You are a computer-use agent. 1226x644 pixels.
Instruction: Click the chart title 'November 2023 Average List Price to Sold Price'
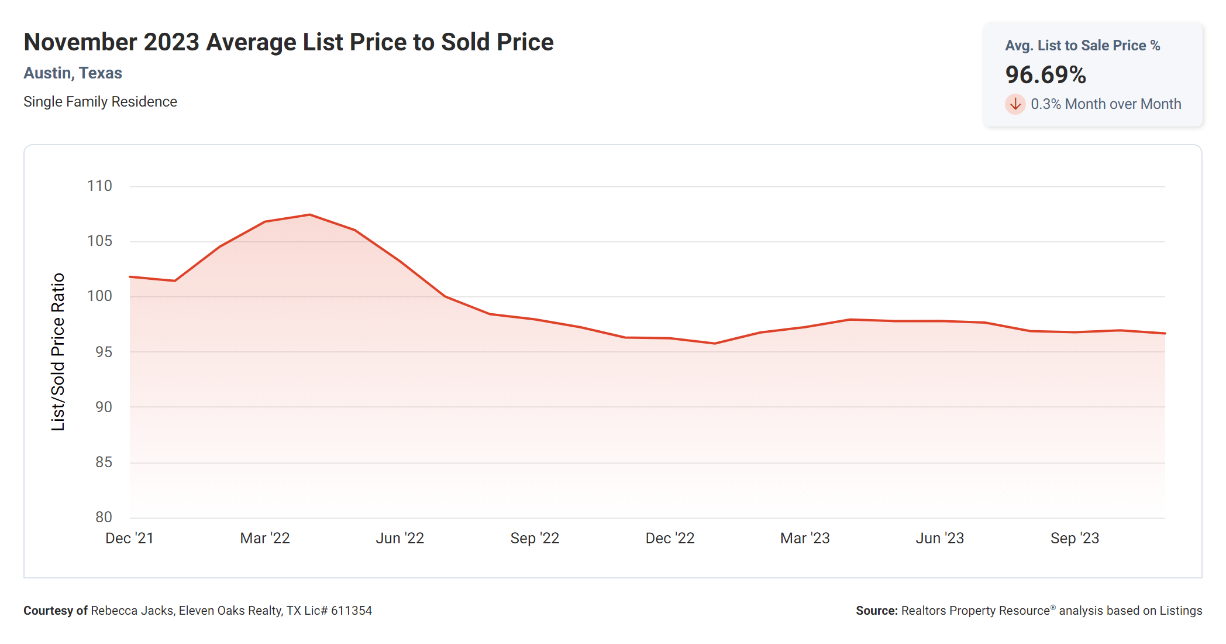pyautogui.click(x=288, y=42)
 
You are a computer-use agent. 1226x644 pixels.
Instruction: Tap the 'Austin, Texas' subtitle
pyautogui.click(x=73, y=73)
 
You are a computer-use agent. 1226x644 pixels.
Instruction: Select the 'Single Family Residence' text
pyautogui.click(x=100, y=102)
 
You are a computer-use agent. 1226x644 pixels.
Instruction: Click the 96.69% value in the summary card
pyautogui.click(x=1045, y=75)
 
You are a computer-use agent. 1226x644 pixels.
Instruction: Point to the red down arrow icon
pyautogui.click(x=1015, y=104)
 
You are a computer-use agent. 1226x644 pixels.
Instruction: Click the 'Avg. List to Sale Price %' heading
pyautogui.click(x=1082, y=46)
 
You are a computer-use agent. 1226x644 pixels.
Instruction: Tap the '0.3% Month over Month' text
pyautogui.click(x=1106, y=104)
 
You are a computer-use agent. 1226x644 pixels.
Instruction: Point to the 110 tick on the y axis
pyautogui.click(x=99, y=186)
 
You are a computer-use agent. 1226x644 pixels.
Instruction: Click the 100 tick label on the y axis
pyautogui.click(x=99, y=296)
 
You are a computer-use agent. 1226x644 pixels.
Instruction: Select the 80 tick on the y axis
pyautogui.click(x=104, y=517)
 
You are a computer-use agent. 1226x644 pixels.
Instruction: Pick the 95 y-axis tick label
pyautogui.click(x=104, y=352)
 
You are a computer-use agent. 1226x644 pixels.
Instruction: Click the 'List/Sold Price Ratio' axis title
pyautogui.click(x=58, y=352)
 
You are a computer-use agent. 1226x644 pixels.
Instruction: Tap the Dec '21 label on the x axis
pyautogui.click(x=129, y=538)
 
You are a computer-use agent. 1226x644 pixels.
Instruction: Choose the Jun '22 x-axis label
pyautogui.click(x=400, y=538)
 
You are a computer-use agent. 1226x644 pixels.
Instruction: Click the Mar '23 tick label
pyautogui.click(x=805, y=538)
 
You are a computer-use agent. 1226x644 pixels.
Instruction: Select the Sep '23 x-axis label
pyautogui.click(x=1075, y=538)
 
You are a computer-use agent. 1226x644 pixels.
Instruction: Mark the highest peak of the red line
pyautogui.click(x=309, y=215)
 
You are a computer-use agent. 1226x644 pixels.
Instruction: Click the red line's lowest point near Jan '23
pyautogui.click(x=715, y=343)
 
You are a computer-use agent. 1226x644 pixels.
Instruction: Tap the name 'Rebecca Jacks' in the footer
pyautogui.click(x=132, y=611)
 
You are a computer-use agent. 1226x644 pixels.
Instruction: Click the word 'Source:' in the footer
pyautogui.click(x=876, y=611)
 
